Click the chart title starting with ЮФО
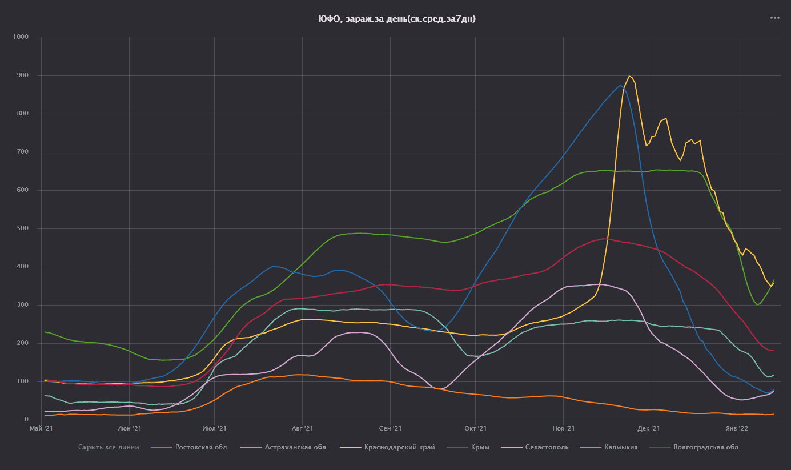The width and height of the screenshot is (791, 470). click(397, 19)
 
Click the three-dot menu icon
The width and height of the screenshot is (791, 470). click(774, 18)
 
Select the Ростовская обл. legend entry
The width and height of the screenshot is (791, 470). click(202, 447)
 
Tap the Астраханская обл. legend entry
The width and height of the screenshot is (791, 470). click(296, 447)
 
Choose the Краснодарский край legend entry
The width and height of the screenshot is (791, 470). click(399, 447)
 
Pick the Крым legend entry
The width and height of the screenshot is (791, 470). click(480, 447)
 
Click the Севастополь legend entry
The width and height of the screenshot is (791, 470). click(547, 447)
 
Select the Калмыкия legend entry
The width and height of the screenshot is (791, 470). click(620, 447)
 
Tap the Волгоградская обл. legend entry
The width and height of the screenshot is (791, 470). click(706, 447)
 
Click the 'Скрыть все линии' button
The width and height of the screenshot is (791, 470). click(109, 447)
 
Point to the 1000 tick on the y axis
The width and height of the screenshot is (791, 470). click(19, 37)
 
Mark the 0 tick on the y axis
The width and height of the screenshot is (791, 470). click(26, 420)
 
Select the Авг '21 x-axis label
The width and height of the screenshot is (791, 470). click(302, 428)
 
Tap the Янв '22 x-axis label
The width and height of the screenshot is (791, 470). click(736, 428)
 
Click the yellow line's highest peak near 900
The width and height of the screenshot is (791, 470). click(629, 76)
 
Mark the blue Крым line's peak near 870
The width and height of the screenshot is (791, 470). click(620, 86)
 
